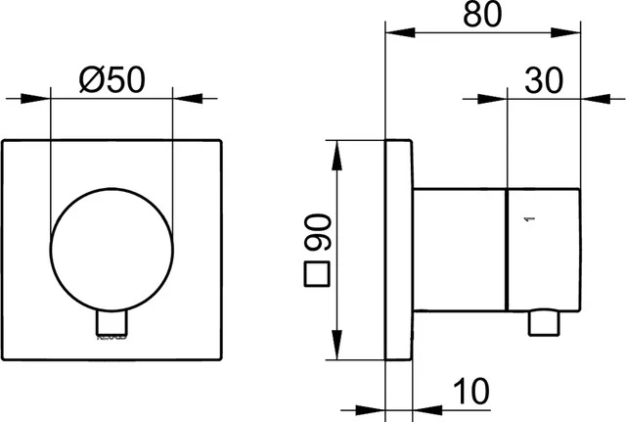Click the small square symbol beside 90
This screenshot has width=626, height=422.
click(316, 275)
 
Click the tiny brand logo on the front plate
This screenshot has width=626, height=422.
click(110, 340)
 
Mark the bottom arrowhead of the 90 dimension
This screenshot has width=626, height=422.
click(338, 355)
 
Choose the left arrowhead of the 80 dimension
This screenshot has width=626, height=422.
click(394, 32)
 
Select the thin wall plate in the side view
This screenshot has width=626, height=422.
click(398, 252)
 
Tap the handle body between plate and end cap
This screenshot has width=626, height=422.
click(459, 252)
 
